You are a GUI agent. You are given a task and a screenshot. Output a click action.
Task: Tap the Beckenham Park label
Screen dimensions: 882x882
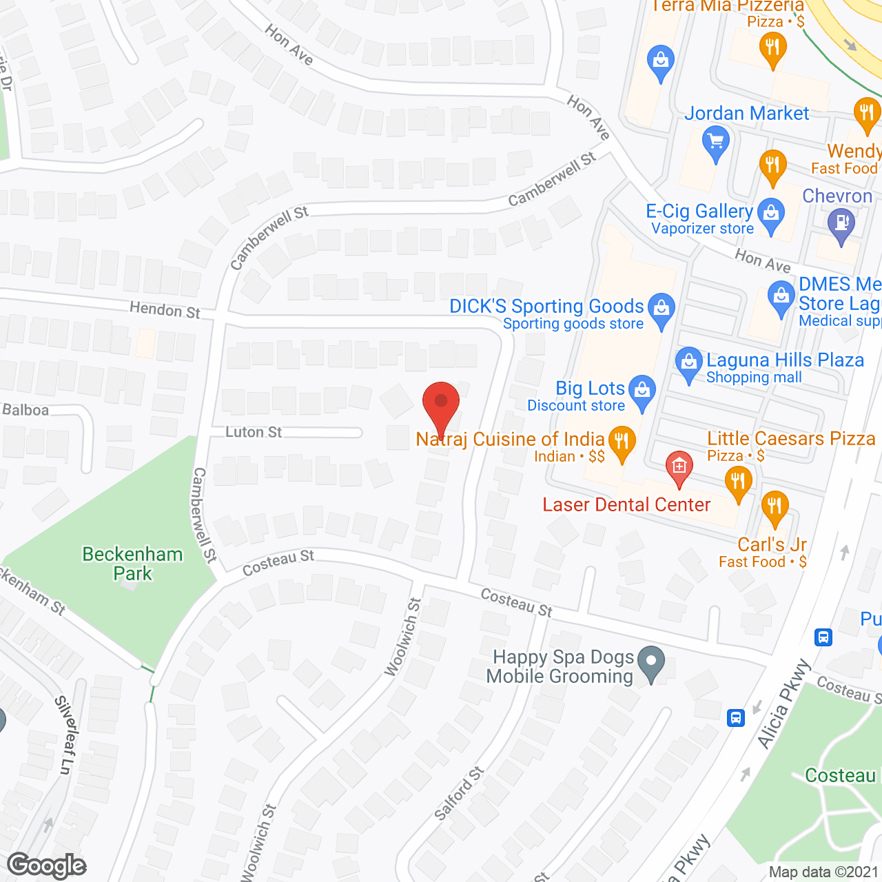[132, 564]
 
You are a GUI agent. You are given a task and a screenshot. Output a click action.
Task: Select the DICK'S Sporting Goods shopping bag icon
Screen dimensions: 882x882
[661, 309]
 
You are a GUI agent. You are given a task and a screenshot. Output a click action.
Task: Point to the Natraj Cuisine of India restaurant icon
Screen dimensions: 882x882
[622, 442]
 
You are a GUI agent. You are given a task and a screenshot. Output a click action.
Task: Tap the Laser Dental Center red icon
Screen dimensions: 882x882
[679, 466]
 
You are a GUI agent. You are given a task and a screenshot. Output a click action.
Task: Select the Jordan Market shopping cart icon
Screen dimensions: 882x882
[715, 143]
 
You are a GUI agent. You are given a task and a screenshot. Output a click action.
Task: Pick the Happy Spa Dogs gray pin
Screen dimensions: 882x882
[651, 663]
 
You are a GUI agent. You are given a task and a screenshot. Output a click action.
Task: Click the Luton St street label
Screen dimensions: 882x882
[254, 432]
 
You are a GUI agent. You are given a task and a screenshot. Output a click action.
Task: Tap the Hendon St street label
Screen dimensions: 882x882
[165, 310]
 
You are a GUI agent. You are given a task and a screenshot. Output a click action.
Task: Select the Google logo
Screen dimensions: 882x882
[47, 865]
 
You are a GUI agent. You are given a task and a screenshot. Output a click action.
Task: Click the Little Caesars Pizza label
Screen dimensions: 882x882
[791, 438]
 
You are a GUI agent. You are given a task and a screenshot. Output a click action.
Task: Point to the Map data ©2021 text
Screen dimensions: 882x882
[823, 872]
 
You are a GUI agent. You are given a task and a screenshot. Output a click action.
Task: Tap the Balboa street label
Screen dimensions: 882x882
[25, 410]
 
